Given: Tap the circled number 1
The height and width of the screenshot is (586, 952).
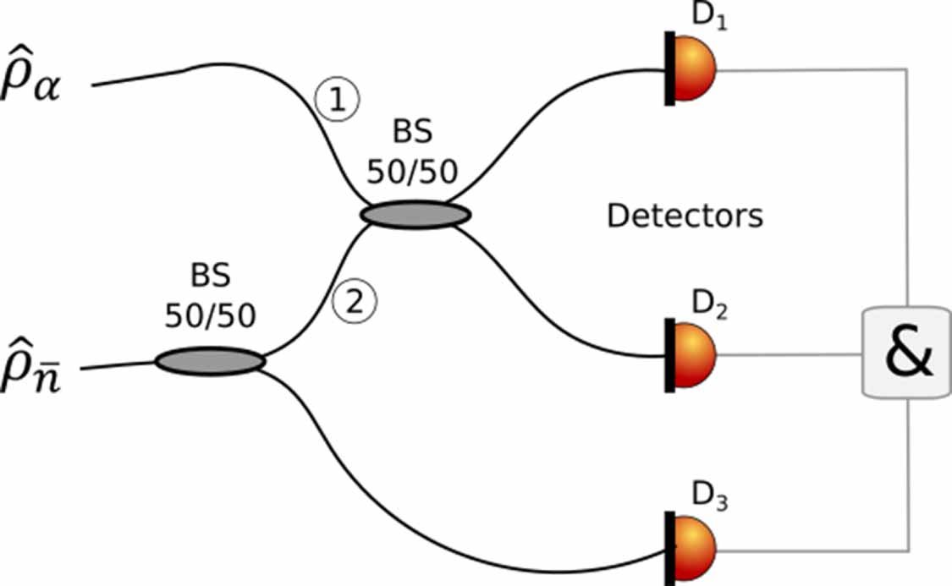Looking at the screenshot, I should tap(337, 100).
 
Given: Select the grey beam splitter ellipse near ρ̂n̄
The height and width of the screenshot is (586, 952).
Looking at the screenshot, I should tap(210, 361).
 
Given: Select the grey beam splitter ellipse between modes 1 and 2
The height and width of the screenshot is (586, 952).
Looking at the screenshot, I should tap(415, 214).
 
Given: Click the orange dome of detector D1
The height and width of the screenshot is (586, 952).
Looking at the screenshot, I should tap(696, 68).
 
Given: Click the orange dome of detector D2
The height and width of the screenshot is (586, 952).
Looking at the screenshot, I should tap(696, 355).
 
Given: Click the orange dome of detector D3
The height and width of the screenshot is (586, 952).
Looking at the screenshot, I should tap(696, 547).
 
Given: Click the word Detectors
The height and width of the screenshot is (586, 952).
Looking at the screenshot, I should tap(685, 216).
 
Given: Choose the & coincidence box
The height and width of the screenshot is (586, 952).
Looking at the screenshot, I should tap(907, 353).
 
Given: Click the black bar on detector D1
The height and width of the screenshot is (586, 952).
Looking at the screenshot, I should tap(669, 68).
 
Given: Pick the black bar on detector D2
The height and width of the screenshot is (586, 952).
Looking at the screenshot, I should tap(669, 355).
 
